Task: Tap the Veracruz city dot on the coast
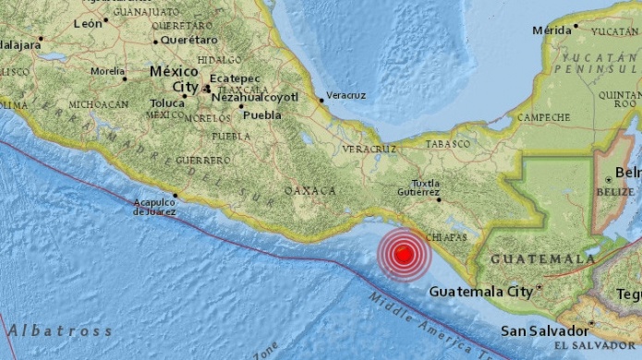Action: click(x=320, y=100)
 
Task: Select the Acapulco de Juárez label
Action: click(x=154, y=208)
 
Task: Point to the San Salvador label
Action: click(x=545, y=330)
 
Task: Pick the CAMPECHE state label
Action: click(x=543, y=117)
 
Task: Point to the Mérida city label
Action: click(x=552, y=30)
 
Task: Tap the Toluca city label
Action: click(x=168, y=102)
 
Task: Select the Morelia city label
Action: click(x=108, y=71)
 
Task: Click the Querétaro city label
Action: click(x=188, y=40)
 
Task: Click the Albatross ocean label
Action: click(x=59, y=330)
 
